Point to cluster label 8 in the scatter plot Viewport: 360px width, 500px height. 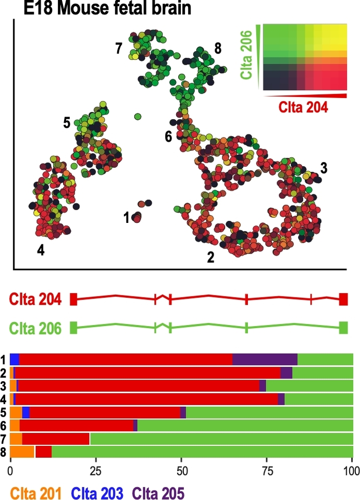point(218,48)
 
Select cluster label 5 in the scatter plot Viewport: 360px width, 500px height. point(67,123)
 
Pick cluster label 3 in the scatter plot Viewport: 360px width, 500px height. point(324,168)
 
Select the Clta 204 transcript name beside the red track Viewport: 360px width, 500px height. point(36,300)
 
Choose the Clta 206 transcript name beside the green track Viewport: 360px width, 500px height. point(36,328)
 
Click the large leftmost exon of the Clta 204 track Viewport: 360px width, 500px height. point(73,299)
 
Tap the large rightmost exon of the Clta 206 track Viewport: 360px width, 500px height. point(343,328)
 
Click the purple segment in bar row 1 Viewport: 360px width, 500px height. point(265,359)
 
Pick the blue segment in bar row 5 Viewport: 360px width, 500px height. point(26,413)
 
